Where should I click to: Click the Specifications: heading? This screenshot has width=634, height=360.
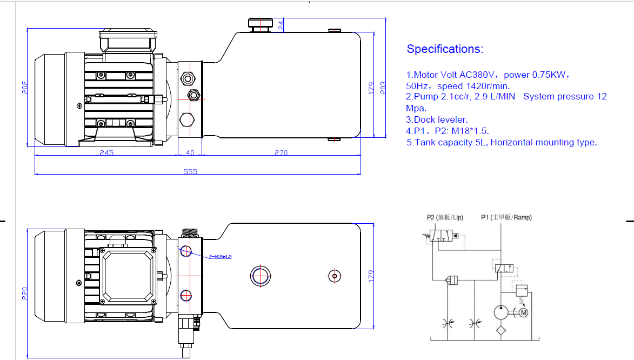click(445, 49)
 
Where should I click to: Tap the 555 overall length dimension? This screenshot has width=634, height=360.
click(190, 171)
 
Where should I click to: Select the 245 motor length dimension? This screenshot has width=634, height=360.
click(106, 153)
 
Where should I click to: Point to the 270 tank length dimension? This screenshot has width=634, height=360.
click(281, 153)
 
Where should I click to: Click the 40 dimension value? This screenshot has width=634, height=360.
click(190, 153)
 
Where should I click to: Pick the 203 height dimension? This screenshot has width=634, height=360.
click(383, 88)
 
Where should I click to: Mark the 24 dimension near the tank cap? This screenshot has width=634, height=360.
click(281, 24)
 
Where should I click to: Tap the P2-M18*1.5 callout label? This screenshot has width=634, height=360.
click(220, 257)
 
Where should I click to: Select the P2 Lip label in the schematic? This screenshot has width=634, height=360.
click(445, 218)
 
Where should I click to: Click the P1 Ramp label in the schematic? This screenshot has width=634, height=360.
click(506, 218)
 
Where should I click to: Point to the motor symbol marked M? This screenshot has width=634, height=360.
click(523, 312)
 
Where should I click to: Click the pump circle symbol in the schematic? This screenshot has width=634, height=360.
click(500, 312)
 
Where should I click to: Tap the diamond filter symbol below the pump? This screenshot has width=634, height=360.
click(500, 330)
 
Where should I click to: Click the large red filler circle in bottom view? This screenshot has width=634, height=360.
click(260, 276)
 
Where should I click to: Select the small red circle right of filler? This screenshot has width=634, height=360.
click(335, 276)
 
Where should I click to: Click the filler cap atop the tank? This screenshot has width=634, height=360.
click(261, 24)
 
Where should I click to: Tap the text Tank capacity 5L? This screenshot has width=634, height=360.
click(450, 143)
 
